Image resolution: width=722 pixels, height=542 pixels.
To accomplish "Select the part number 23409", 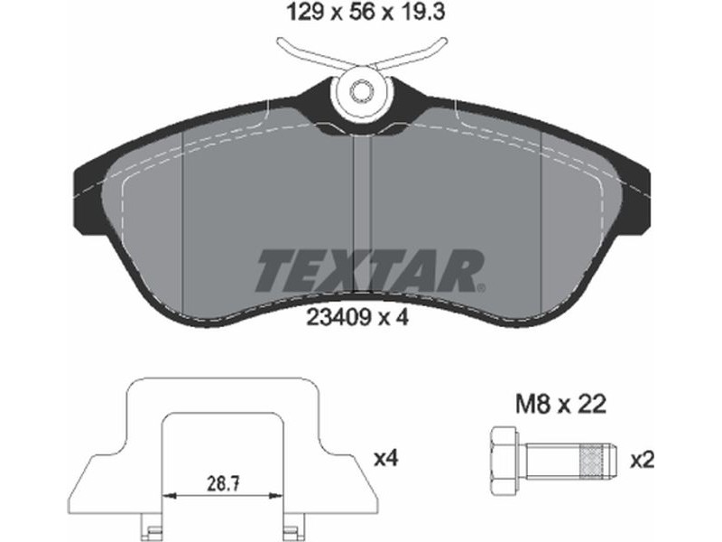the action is (x=338, y=318).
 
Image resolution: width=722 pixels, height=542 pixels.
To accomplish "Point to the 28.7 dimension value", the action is (x=223, y=484).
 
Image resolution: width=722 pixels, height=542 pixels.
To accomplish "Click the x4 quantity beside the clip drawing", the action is (x=386, y=459).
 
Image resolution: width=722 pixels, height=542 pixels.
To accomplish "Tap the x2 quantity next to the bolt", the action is (x=643, y=460).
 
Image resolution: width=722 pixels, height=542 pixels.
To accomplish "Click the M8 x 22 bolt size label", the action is (x=560, y=405).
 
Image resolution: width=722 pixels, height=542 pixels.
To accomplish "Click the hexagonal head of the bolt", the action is (x=506, y=460).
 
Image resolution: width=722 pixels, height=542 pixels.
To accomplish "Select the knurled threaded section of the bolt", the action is (x=592, y=460).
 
